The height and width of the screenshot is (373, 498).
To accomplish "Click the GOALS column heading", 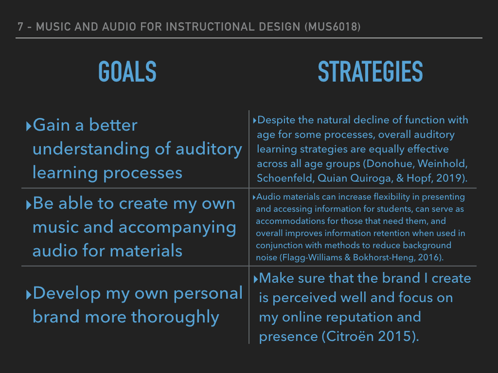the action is click(127, 72).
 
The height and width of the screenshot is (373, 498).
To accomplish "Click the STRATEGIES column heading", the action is click(370, 72).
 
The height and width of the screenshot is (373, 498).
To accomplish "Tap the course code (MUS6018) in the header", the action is click(333, 27).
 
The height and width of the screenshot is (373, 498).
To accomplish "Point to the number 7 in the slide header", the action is click(20, 27).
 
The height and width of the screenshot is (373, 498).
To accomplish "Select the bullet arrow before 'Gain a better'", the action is click(29, 126).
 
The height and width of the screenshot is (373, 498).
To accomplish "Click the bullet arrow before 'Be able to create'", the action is click(29, 204).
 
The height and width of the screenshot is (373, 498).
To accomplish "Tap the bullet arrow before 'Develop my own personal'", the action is click(29, 295).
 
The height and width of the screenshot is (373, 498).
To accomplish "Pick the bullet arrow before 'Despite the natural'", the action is click(254, 120).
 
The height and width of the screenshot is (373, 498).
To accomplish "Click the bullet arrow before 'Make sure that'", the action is click(256, 279).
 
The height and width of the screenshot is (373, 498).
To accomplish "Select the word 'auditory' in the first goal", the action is click(209, 150).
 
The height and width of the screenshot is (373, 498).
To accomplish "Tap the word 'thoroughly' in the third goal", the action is click(175, 317).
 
